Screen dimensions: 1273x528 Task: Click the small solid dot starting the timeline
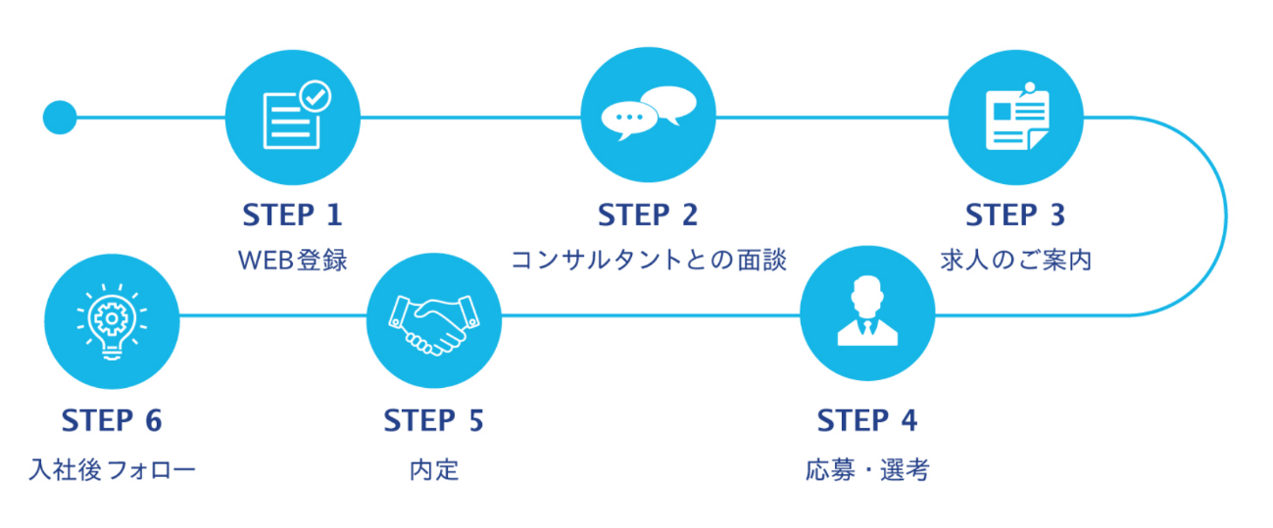pyautogui.click(x=60, y=118)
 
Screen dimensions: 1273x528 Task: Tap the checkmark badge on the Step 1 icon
pyautogui.click(x=316, y=96)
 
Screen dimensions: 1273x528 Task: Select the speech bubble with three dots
pyautogui.click(x=629, y=120)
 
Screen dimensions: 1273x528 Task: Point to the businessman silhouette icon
pyautogui.click(x=867, y=311)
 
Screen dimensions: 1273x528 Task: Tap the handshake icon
pyautogui.click(x=433, y=324)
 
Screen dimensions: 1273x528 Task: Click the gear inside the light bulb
pyautogui.click(x=112, y=317)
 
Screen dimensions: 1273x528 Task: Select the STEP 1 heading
pyautogui.click(x=293, y=215)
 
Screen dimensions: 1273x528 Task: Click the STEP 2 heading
pyautogui.click(x=648, y=215)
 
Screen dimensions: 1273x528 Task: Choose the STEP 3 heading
pyautogui.click(x=1015, y=215)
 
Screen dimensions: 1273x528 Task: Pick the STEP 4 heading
pyautogui.click(x=867, y=420)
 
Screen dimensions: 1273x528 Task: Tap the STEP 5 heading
pyautogui.click(x=433, y=420)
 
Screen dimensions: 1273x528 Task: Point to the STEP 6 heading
pyautogui.click(x=112, y=420)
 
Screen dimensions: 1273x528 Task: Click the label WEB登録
pyautogui.click(x=293, y=261)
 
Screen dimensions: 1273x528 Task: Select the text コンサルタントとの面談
pyautogui.click(x=649, y=260)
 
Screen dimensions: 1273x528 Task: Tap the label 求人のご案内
pyautogui.click(x=1016, y=260)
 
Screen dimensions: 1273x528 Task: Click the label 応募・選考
pyautogui.click(x=867, y=470)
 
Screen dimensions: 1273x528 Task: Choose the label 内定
pyautogui.click(x=434, y=470)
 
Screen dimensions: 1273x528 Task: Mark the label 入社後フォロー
pyautogui.click(x=112, y=470)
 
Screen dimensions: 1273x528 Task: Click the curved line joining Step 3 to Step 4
pyautogui.click(x=1226, y=216)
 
